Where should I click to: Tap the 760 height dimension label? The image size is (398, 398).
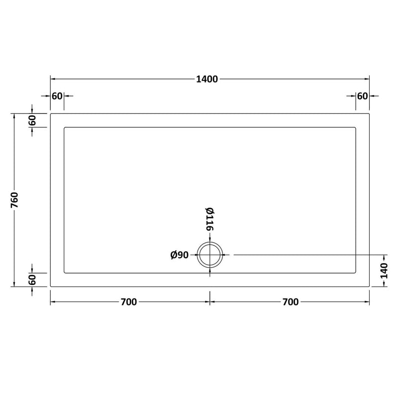pyautogui.click(x=15, y=199)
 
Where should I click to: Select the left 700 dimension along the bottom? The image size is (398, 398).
pyautogui.click(x=128, y=302)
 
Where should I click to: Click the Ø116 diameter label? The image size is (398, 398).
pyautogui.click(x=209, y=219)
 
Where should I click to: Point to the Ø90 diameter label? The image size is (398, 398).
pyautogui.click(x=179, y=255)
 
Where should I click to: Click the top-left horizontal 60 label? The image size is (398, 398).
pyautogui.click(x=56, y=96)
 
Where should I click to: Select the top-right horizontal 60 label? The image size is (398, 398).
pyautogui.click(x=362, y=96)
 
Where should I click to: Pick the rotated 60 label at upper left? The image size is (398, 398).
pyautogui.click(x=32, y=120)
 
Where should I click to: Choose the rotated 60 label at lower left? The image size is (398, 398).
pyautogui.click(x=32, y=280)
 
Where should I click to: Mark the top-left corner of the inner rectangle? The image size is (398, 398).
pyautogui.click(x=64, y=128)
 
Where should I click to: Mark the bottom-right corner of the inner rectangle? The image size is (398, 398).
pyautogui.click(x=356, y=273)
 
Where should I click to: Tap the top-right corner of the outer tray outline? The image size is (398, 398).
pyautogui.click(x=369, y=113)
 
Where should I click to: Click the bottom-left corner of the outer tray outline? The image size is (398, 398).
pyautogui.click(x=50, y=287)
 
